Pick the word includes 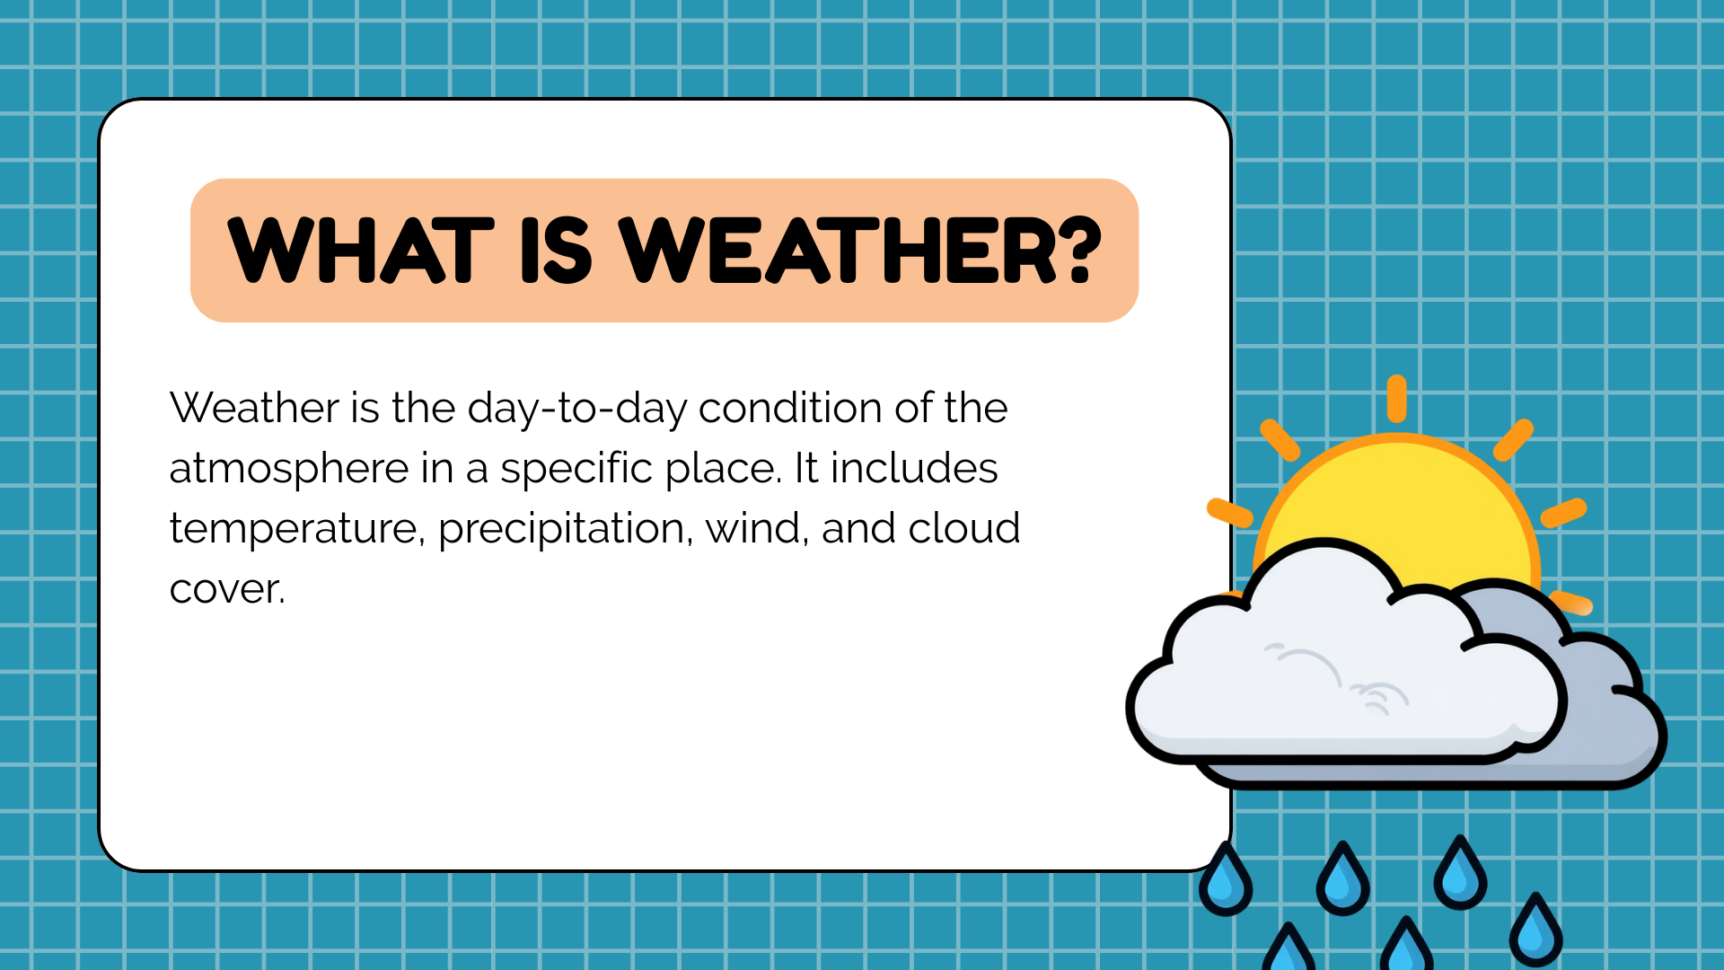pos(914,468)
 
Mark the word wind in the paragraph pos(757,528)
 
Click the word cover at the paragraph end pos(227,590)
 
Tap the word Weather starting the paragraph pos(254,408)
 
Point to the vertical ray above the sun pos(1396,399)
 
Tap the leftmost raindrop pos(1226,879)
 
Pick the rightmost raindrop pos(1536,930)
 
